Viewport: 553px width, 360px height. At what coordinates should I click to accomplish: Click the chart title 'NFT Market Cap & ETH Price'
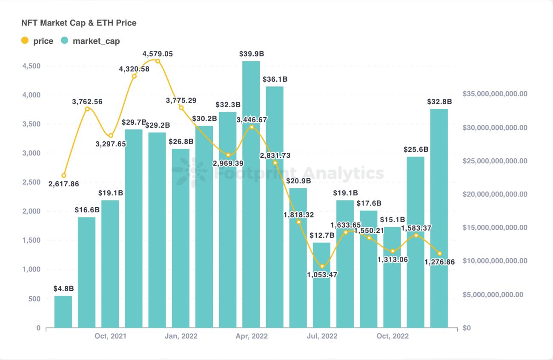point(79,23)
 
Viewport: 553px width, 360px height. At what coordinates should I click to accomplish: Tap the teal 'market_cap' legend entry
point(90,41)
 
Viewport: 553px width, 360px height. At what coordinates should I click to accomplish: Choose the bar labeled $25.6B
point(415,242)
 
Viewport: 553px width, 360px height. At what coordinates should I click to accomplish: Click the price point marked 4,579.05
point(158,61)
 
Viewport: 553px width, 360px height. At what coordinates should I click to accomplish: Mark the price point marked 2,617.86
point(64,175)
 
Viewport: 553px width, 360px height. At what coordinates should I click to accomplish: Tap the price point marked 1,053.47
point(322,266)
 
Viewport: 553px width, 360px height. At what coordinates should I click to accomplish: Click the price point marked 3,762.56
point(87,109)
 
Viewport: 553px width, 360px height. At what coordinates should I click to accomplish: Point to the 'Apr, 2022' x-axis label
point(252,336)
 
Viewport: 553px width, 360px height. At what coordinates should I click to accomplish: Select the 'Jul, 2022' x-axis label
point(321,336)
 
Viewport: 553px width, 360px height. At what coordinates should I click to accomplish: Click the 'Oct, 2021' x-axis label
point(110,336)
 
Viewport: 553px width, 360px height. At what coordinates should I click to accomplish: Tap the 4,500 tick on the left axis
point(32,66)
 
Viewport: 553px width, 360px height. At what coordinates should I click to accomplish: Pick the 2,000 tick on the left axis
point(32,211)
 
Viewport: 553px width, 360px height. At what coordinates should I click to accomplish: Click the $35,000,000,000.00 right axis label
point(495,94)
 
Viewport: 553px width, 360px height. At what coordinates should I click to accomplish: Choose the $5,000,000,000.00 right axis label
point(495,294)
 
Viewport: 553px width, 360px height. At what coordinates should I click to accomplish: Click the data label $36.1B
point(275,79)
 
